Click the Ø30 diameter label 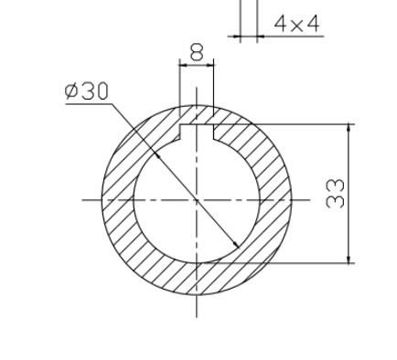87,91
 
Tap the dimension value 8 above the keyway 197,52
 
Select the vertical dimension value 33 335,194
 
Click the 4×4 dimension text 296,24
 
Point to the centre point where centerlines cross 197,200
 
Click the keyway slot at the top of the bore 197,132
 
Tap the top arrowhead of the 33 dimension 349,128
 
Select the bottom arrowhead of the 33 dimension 349,259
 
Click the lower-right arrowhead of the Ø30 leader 236,245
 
